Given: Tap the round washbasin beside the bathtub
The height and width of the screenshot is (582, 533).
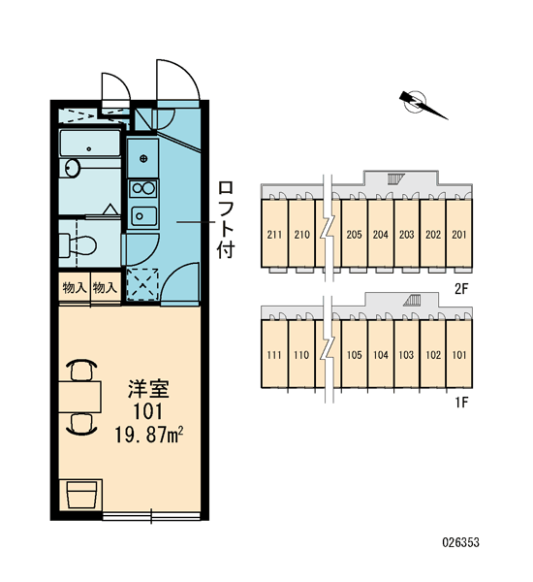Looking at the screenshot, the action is pyautogui.click(x=72, y=168).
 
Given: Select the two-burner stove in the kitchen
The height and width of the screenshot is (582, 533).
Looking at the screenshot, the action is pyautogui.click(x=143, y=188).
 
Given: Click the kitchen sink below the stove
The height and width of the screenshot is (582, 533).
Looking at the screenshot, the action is pyautogui.click(x=143, y=215).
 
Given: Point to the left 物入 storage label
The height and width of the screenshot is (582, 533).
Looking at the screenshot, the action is pyautogui.click(x=75, y=287).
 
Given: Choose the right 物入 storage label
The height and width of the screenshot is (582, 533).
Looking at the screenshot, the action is pyautogui.click(x=105, y=287).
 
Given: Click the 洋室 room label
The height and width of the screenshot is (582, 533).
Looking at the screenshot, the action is pyautogui.click(x=148, y=389).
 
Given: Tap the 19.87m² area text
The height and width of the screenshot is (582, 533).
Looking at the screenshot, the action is pyautogui.click(x=149, y=435).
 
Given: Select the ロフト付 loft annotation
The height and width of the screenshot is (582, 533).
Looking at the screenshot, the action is pyautogui.click(x=226, y=219).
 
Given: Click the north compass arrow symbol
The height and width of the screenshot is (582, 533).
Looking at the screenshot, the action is pyautogui.click(x=423, y=105).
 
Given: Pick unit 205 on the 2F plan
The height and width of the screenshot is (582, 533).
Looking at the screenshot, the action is pyautogui.click(x=354, y=235).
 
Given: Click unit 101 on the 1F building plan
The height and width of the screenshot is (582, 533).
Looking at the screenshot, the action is pyautogui.click(x=458, y=355).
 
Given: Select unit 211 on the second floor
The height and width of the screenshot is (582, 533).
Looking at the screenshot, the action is pyautogui.click(x=274, y=235).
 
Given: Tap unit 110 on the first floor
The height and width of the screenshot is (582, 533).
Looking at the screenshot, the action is pyautogui.click(x=300, y=355).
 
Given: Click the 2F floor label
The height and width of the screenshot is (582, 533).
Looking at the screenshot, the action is pyautogui.click(x=461, y=288).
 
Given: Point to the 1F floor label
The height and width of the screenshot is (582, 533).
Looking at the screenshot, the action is pyautogui.click(x=461, y=402).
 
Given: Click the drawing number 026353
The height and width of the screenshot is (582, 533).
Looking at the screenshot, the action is pyautogui.click(x=460, y=542).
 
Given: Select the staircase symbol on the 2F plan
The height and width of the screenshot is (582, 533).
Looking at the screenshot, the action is pyautogui.click(x=395, y=179).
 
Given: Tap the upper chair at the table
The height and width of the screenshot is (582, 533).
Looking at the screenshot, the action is pyautogui.click(x=81, y=370).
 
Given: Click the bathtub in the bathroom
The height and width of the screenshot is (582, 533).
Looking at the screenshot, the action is pyautogui.click(x=90, y=144).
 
